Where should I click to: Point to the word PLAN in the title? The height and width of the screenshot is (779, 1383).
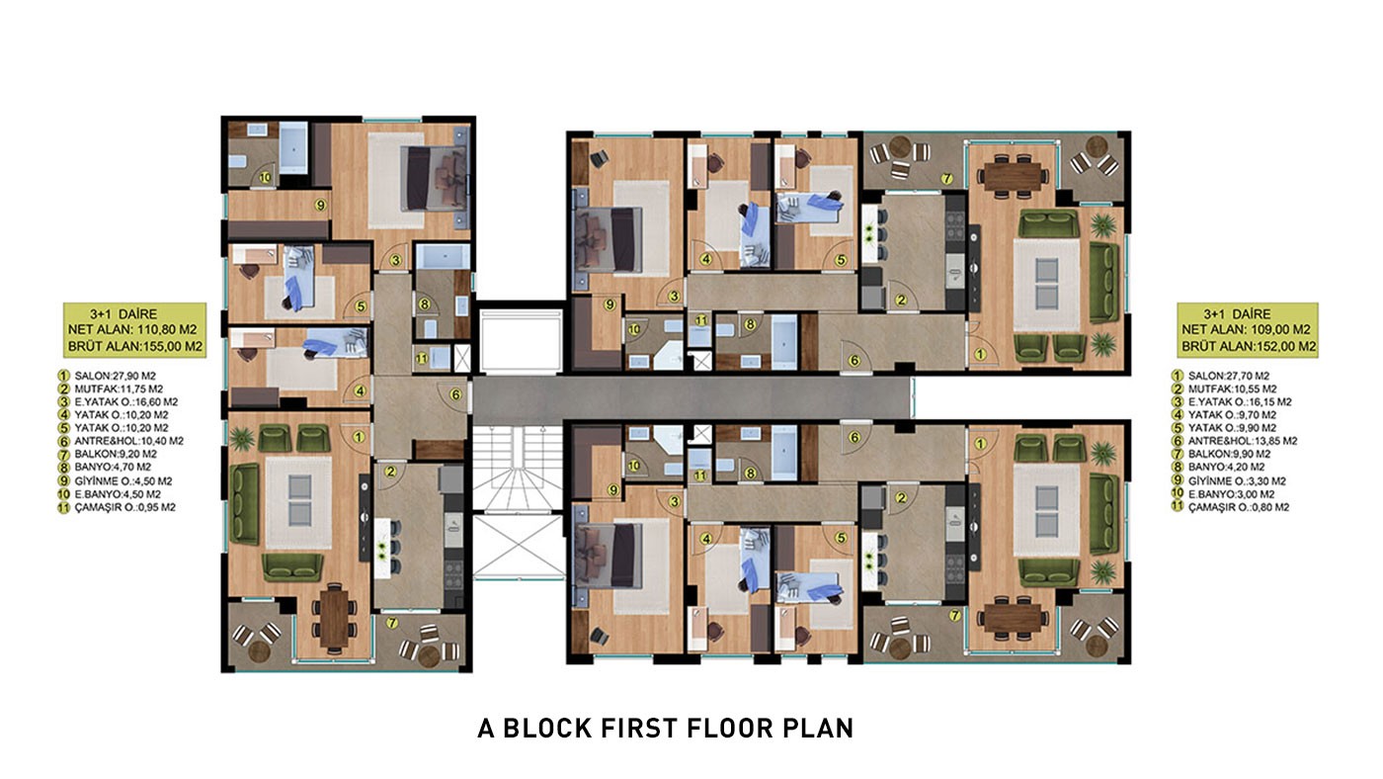[818, 728]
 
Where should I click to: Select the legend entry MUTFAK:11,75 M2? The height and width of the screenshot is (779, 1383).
[119, 389]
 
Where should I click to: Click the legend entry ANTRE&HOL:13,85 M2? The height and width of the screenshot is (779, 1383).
[1243, 441]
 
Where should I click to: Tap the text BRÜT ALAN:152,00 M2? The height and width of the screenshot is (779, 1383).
[1249, 347]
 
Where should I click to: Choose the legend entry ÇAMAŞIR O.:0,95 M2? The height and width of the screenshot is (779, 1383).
[124, 507]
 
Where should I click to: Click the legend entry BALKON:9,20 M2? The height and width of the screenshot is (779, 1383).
[116, 454]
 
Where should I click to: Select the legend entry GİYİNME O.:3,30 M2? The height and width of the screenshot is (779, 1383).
[1237, 480]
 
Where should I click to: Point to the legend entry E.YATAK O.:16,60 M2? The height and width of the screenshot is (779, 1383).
[126, 402]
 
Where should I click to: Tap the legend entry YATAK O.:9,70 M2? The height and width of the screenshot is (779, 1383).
[1232, 415]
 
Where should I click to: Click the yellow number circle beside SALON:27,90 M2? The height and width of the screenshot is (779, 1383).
[63, 376]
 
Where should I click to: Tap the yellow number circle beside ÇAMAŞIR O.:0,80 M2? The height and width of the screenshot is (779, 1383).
[1177, 506]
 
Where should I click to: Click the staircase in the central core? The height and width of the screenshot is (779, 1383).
[518, 469]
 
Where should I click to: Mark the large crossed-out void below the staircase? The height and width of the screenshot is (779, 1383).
[518, 547]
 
